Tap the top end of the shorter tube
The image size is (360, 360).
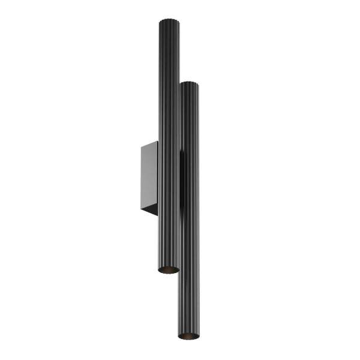tap(189, 84)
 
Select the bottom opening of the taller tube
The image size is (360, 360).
tap(169, 269)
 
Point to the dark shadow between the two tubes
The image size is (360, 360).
tap(181, 180)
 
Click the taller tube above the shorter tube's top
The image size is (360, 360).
tap(169, 54)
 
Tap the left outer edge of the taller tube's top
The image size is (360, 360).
tap(160, 24)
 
